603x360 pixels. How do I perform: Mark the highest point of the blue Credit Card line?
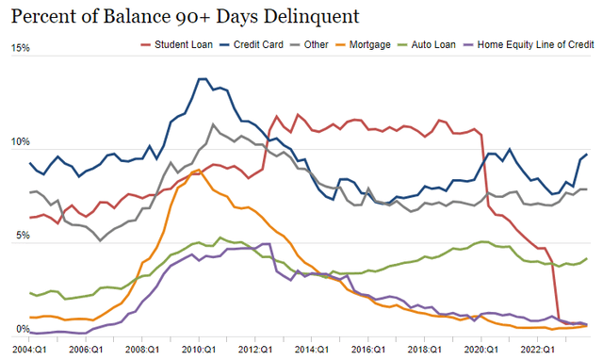201,79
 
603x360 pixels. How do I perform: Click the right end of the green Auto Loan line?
587,258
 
